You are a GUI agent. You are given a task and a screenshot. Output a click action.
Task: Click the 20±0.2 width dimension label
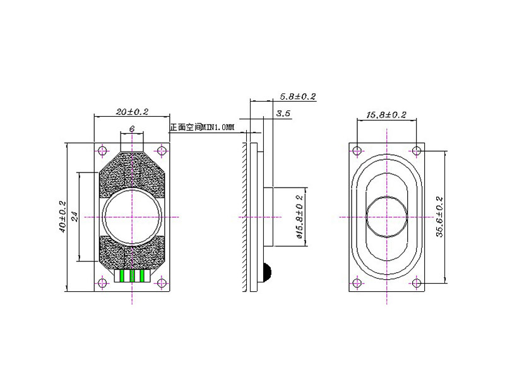132,112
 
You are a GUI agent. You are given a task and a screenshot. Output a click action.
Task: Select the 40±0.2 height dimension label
62,217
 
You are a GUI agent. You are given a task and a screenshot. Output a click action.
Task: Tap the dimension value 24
74,217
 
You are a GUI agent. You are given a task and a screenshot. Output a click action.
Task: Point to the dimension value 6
132,129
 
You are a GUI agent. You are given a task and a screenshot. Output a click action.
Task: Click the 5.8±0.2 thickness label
298,97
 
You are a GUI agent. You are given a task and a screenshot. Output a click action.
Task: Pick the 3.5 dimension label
283,114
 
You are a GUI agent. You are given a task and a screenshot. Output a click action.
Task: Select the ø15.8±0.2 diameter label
299,217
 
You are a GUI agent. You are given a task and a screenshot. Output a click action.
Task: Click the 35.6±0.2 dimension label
439,217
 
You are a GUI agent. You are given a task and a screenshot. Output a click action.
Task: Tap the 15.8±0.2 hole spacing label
386,115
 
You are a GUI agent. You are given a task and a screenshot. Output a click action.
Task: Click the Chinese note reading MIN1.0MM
202,128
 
